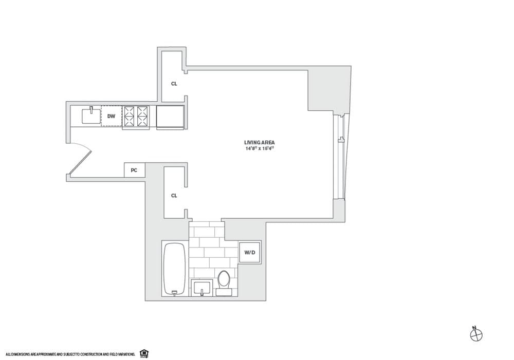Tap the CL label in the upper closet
point(174,84)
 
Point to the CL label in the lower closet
point(174,196)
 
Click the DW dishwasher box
point(111,116)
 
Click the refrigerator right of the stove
point(170,117)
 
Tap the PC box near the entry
point(134,170)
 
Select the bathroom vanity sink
point(203,288)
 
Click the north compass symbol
point(476,334)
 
